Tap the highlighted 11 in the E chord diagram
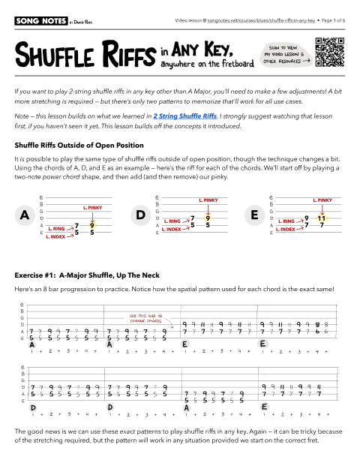coord(322,218)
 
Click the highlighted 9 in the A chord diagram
coord(91,224)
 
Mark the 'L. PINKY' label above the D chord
coord(208,200)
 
